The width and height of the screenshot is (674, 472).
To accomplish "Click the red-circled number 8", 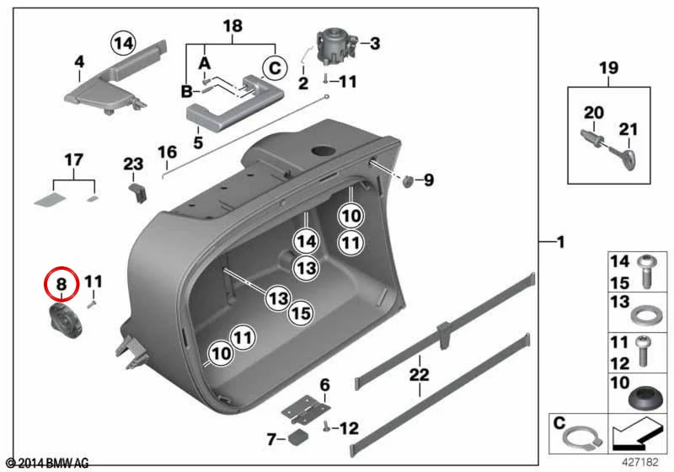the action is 62,284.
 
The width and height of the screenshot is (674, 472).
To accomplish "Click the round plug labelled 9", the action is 407,181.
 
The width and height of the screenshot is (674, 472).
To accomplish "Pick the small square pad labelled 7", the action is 298,437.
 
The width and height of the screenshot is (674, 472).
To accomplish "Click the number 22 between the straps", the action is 419,374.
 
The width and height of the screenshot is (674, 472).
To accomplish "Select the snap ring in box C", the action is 582,439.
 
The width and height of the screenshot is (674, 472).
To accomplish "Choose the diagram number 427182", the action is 640,463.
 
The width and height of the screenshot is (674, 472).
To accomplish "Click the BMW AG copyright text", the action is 48,464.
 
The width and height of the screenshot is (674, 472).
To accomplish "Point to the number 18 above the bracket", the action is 233,26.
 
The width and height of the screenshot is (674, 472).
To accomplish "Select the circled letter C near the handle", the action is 275,68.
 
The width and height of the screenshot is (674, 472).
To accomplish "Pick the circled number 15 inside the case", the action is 300,313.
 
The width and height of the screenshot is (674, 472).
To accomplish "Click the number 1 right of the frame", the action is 560,243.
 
